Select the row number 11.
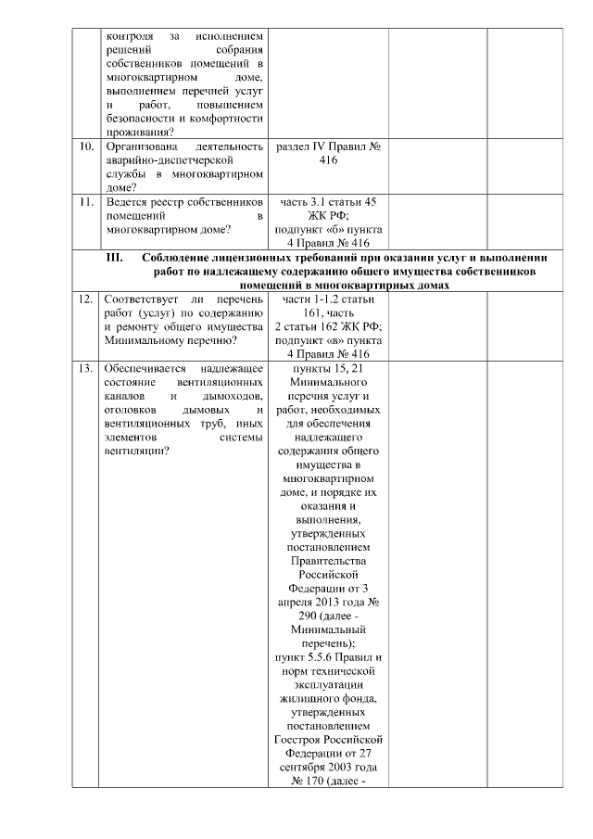(x=86, y=201)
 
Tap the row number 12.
(x=86, y=300)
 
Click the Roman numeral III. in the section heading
(x=117, y=258)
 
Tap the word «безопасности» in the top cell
(x=145, y=118)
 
